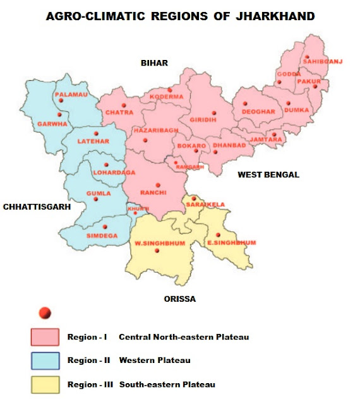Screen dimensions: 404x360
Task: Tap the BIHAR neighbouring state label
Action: [x=154, y=62]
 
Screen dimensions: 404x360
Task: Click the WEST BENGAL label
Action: [x=268, y=174]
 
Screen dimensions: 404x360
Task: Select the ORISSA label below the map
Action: [x=179, y=299]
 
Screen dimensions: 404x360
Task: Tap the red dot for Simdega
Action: [x=105, y=227]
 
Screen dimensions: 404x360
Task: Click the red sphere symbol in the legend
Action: [x=44, y=312]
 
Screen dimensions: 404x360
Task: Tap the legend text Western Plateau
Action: [x=155, y=360]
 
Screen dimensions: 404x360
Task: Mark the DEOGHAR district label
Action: [x=258, y=111]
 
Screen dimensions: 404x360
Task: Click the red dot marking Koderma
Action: [x=169, y=90]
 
